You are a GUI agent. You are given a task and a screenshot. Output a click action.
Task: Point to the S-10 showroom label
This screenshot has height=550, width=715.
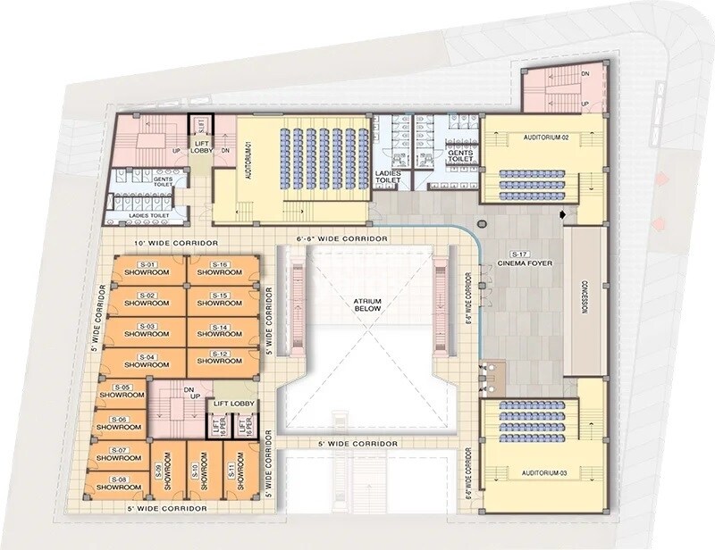pos(194,472)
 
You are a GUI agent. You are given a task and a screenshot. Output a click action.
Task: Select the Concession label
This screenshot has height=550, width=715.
pos(586,304)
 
